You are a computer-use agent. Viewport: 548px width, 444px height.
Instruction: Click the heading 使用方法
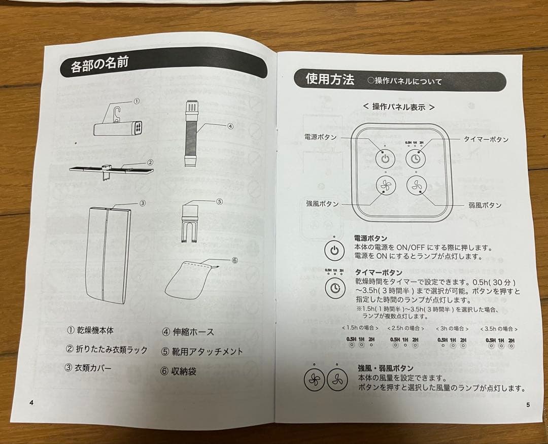330,79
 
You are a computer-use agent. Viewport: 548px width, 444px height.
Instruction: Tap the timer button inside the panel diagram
416,159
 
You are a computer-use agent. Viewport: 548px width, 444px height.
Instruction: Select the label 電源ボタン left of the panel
320,137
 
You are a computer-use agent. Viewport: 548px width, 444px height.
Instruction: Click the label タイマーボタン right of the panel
486,139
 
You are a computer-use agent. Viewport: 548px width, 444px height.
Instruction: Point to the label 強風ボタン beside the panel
322,203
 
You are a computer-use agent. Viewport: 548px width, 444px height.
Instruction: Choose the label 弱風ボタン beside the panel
485,205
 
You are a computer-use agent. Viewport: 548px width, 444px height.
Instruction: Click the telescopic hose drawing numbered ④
191,133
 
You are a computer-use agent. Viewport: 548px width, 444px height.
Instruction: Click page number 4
31,402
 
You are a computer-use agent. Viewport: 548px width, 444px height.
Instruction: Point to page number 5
528,404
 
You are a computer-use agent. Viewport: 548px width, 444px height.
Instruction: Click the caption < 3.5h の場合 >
498,328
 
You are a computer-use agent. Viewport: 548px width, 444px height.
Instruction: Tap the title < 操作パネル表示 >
399,107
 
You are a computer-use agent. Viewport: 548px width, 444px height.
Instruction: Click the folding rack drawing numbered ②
111,169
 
